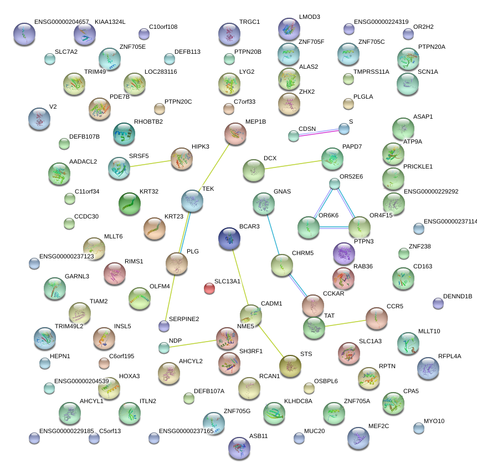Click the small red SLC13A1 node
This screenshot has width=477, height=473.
[209, 288]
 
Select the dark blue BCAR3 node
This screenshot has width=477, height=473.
[229, 238]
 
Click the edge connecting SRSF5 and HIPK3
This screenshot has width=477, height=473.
[150, 163]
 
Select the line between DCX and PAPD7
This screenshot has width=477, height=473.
[293, 165]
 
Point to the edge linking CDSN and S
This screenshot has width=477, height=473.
[319, 132]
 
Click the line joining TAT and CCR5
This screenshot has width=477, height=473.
[345, 322]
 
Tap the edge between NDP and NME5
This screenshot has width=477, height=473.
[194, 343]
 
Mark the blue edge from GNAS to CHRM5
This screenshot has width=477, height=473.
[272, 235]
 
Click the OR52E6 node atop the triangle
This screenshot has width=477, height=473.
[334, 184]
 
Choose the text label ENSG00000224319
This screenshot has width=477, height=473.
[381, 22]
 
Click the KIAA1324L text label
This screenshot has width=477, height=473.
[110, 22]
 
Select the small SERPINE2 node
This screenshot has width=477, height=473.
[163, 325]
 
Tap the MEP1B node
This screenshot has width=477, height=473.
[235, 134]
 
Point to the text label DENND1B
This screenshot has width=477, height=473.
[458, 297]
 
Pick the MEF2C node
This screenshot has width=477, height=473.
[358, 438]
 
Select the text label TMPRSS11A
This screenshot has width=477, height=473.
[371, 72]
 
